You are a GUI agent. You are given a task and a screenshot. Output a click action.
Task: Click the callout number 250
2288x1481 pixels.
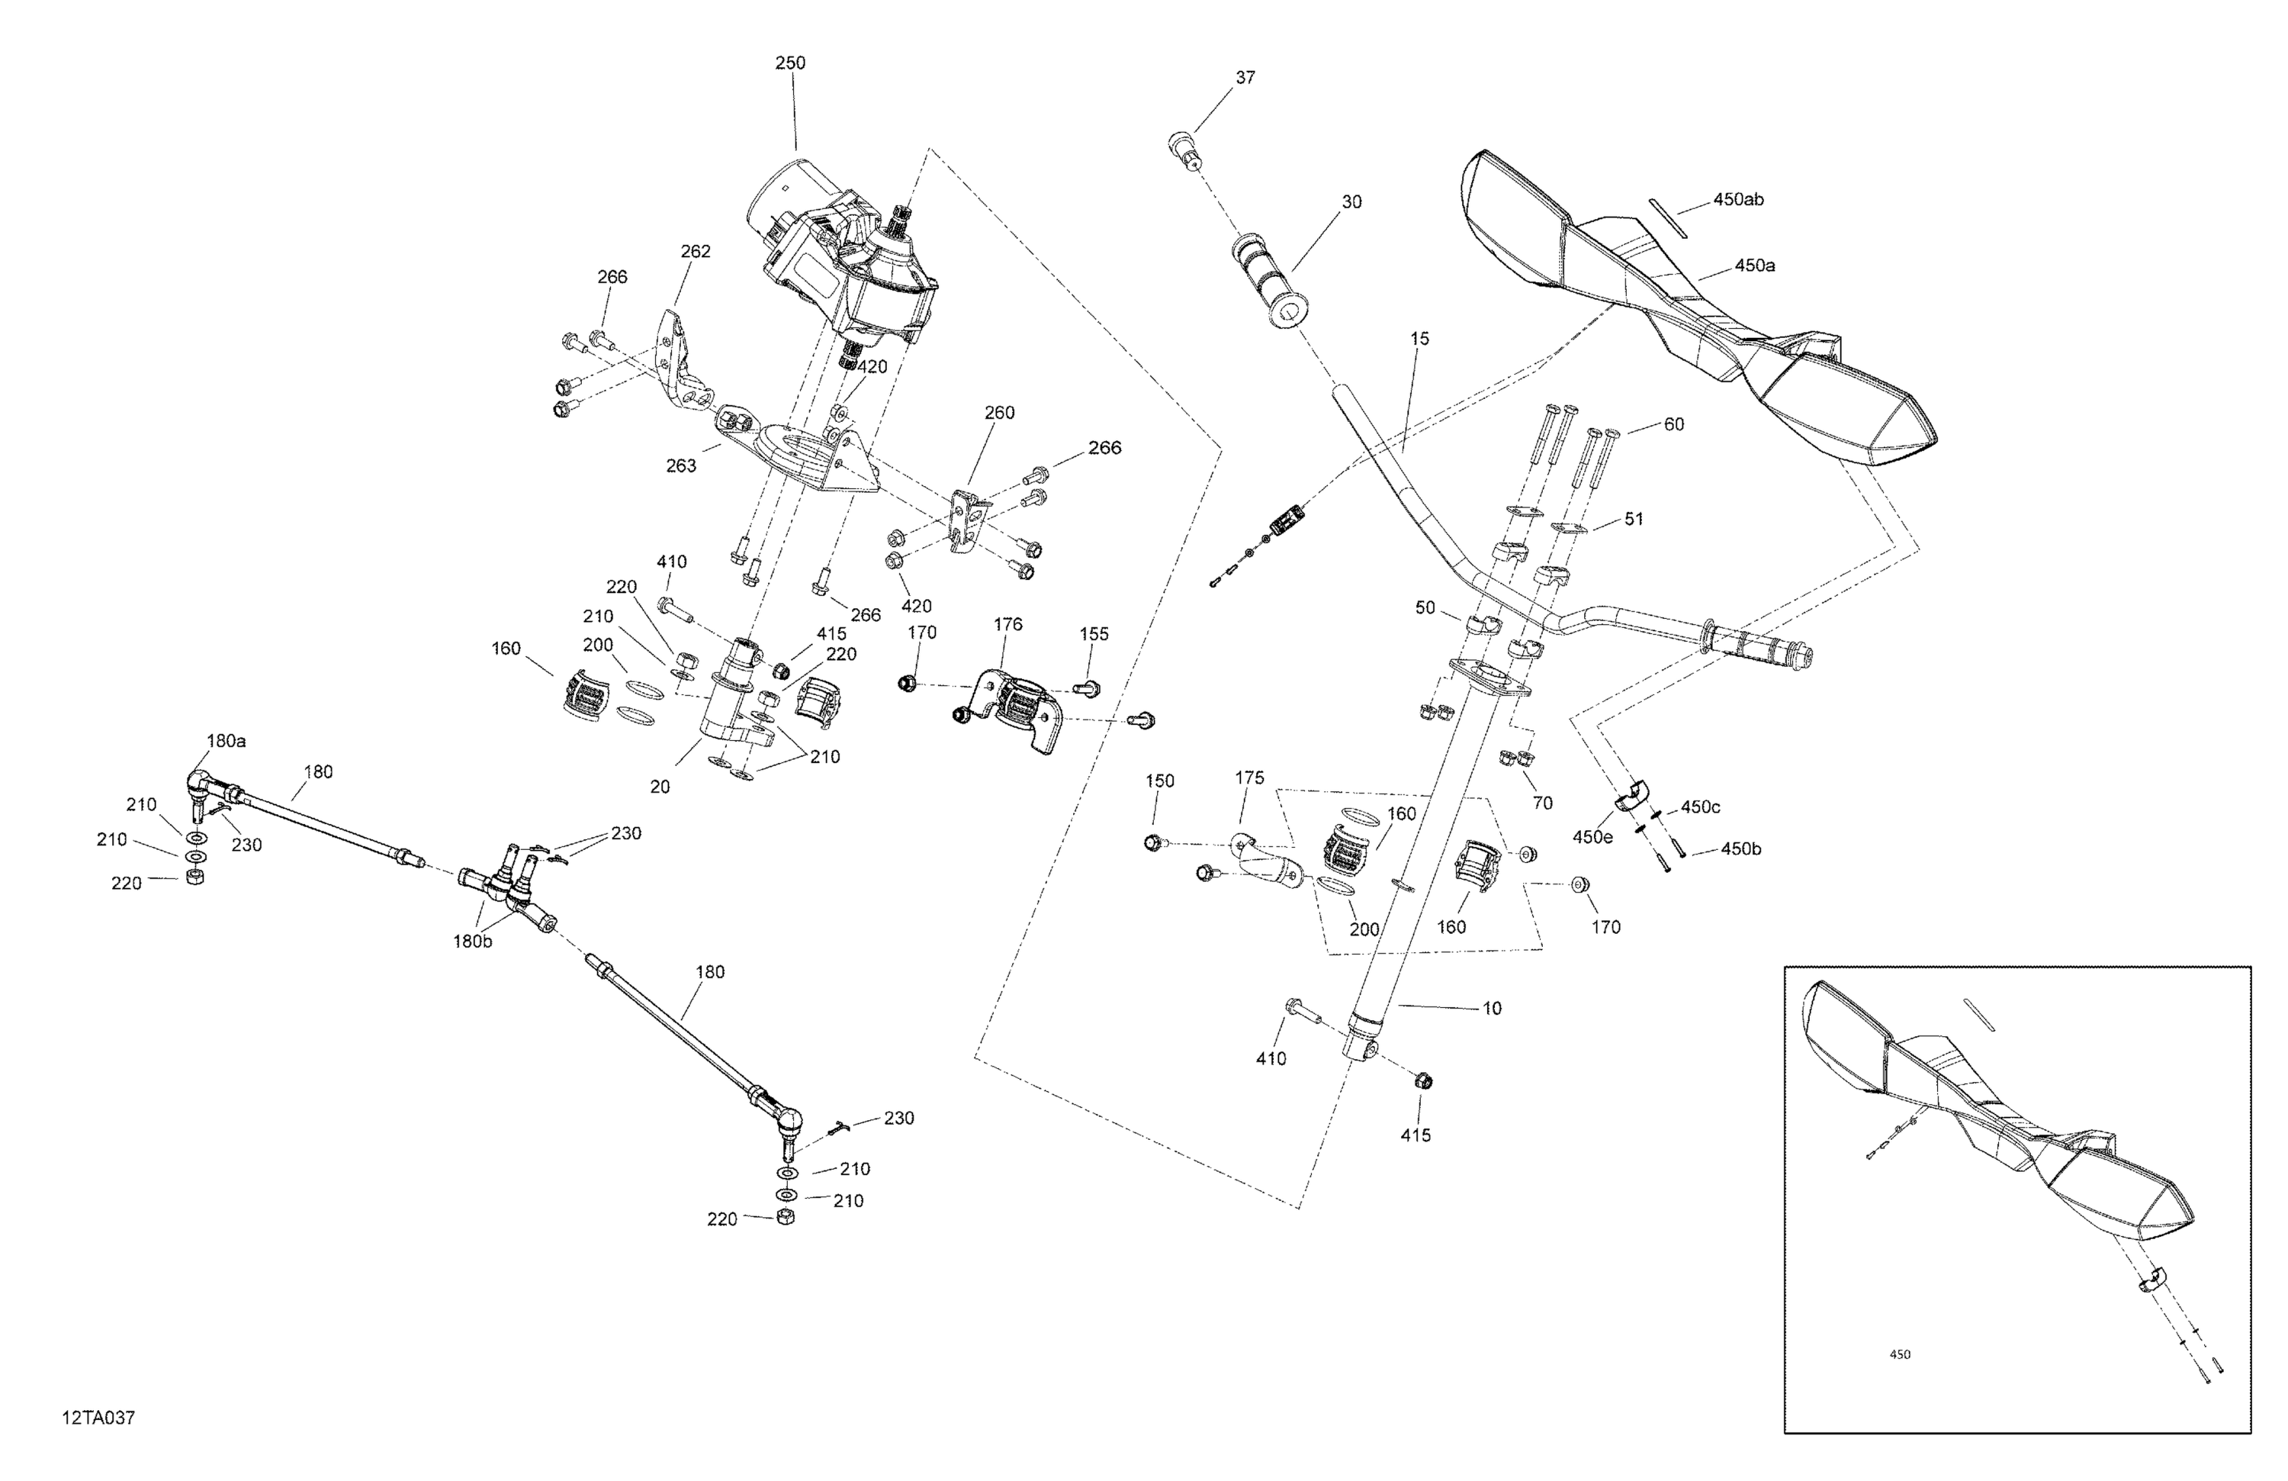pos(790,63)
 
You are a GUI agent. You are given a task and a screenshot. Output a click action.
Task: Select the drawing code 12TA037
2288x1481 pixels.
pos(98,1418)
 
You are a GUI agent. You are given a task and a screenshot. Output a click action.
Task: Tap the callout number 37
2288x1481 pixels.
pos(1245,78)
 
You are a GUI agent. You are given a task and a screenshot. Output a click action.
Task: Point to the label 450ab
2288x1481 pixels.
pos(1738,200)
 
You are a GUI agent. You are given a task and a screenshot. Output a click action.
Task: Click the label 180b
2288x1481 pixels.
pos(473,942)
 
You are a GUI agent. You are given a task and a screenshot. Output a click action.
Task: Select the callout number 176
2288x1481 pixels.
pos(1007,625)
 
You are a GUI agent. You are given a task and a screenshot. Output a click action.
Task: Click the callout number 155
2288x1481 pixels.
pos(1094,635)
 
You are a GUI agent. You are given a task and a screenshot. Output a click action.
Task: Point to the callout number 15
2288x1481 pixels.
pos(1420,339)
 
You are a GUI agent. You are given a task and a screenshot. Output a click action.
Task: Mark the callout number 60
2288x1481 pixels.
pos(1674,424)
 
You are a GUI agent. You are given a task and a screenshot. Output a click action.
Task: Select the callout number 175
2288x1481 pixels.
pos(1250,778)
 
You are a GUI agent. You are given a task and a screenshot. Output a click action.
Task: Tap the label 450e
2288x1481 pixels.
pos(1593,838)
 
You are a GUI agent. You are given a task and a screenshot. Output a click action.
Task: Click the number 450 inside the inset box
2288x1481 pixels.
pos(1900,1355)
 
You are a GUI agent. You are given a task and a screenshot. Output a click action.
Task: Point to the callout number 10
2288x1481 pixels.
pos(1492,1009)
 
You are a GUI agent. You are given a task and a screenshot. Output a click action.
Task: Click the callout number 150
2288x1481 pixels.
pos(1160,781)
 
